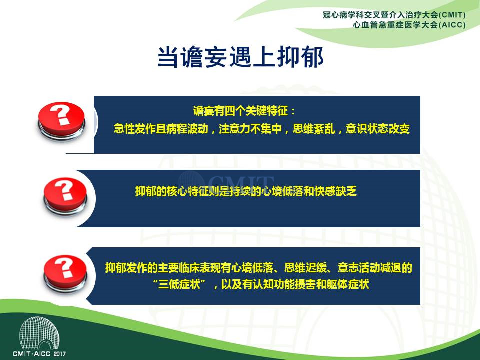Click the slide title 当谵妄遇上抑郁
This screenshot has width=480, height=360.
(x=240, y=57)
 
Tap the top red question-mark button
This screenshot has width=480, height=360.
(x=61, y=121)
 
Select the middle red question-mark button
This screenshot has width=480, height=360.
(x=65, y=196)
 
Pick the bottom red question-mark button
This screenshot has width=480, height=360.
(x=65, y=273)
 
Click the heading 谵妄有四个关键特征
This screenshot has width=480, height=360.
(x=240, y=111)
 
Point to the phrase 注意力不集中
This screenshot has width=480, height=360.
(x=250, y=129)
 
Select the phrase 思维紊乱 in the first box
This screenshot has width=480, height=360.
(x=314, y=129)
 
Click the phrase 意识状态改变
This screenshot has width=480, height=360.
(x=378, y=129)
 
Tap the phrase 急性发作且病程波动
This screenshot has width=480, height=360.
(x=161, y=129)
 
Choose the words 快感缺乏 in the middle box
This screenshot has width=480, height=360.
(x=336, y=191)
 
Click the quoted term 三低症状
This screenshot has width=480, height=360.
(x=179, y=284)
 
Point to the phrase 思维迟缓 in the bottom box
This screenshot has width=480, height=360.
(x=305, y=268)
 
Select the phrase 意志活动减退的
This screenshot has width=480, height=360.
(x=375, y=268)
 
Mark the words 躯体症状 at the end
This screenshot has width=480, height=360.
(x=348, y=284)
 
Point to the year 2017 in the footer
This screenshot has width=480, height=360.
(x=60, y=354)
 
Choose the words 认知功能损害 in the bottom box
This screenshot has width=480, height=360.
(x=284, y=284)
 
